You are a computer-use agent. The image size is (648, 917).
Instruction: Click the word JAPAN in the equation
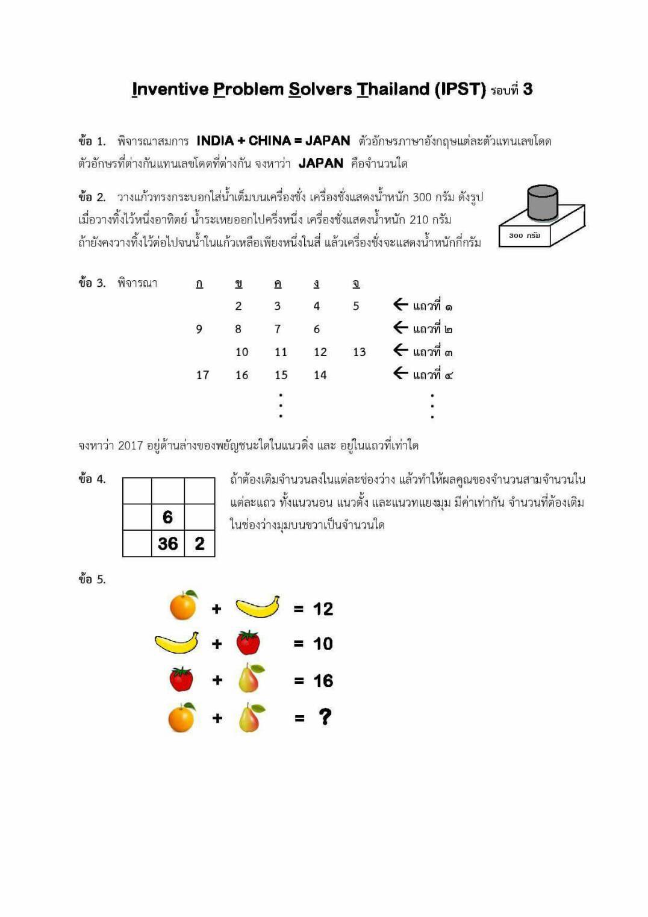[328, 141]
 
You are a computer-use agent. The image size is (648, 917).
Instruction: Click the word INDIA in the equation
[214, 141]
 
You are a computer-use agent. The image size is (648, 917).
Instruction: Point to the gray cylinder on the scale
[542, 203]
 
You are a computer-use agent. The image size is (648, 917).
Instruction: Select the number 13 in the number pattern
[359, 352]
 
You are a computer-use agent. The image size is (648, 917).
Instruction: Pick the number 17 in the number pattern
[202, 375]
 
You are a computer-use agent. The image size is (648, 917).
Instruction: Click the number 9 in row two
[199, 330]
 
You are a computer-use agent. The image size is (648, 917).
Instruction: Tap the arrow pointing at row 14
[400, 374]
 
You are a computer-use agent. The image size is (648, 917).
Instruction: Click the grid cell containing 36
[168, 543]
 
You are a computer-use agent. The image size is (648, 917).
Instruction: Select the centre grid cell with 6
[168, 517]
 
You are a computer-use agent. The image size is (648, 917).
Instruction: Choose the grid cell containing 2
[199, 543]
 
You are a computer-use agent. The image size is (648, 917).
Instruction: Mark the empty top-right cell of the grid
[199, 491]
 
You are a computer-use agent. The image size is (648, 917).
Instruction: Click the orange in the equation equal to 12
[183, 606]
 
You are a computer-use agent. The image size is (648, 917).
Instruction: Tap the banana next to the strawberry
[176, 643]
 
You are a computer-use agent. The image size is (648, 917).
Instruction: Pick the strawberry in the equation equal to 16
[181, 680]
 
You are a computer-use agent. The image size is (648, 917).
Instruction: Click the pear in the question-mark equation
[251, 718]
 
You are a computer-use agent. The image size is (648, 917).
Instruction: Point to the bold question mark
[325, 717]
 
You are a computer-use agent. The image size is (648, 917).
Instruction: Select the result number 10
[323, 644]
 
